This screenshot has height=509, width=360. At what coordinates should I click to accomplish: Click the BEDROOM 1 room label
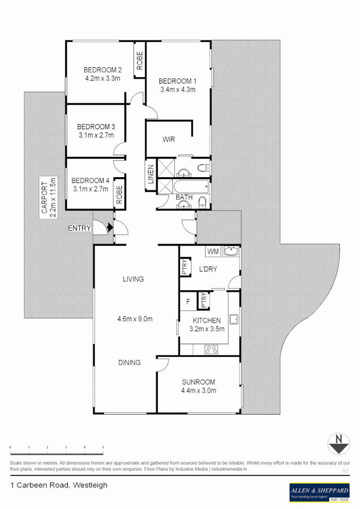click(x=175, y=81)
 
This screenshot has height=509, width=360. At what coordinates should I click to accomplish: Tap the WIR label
click(x=169, y=140)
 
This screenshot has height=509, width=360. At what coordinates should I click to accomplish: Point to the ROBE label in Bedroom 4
click(x=119, y=194)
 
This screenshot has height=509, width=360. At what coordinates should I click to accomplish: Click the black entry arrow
click(x=110, y=228)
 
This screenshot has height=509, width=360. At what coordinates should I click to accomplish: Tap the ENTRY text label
click(x=79, y=228)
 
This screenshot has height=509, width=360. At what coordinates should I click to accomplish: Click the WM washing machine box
click(x=212, y=252)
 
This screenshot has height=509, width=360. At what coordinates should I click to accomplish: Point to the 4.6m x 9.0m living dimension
click(x=135, y=319)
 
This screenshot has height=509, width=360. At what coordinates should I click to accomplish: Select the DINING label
click(x=129, y=362)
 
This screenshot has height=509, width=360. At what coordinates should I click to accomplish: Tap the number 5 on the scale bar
click(x=103, y=447)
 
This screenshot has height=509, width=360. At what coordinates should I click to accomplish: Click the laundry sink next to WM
click(x=231, y=252)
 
